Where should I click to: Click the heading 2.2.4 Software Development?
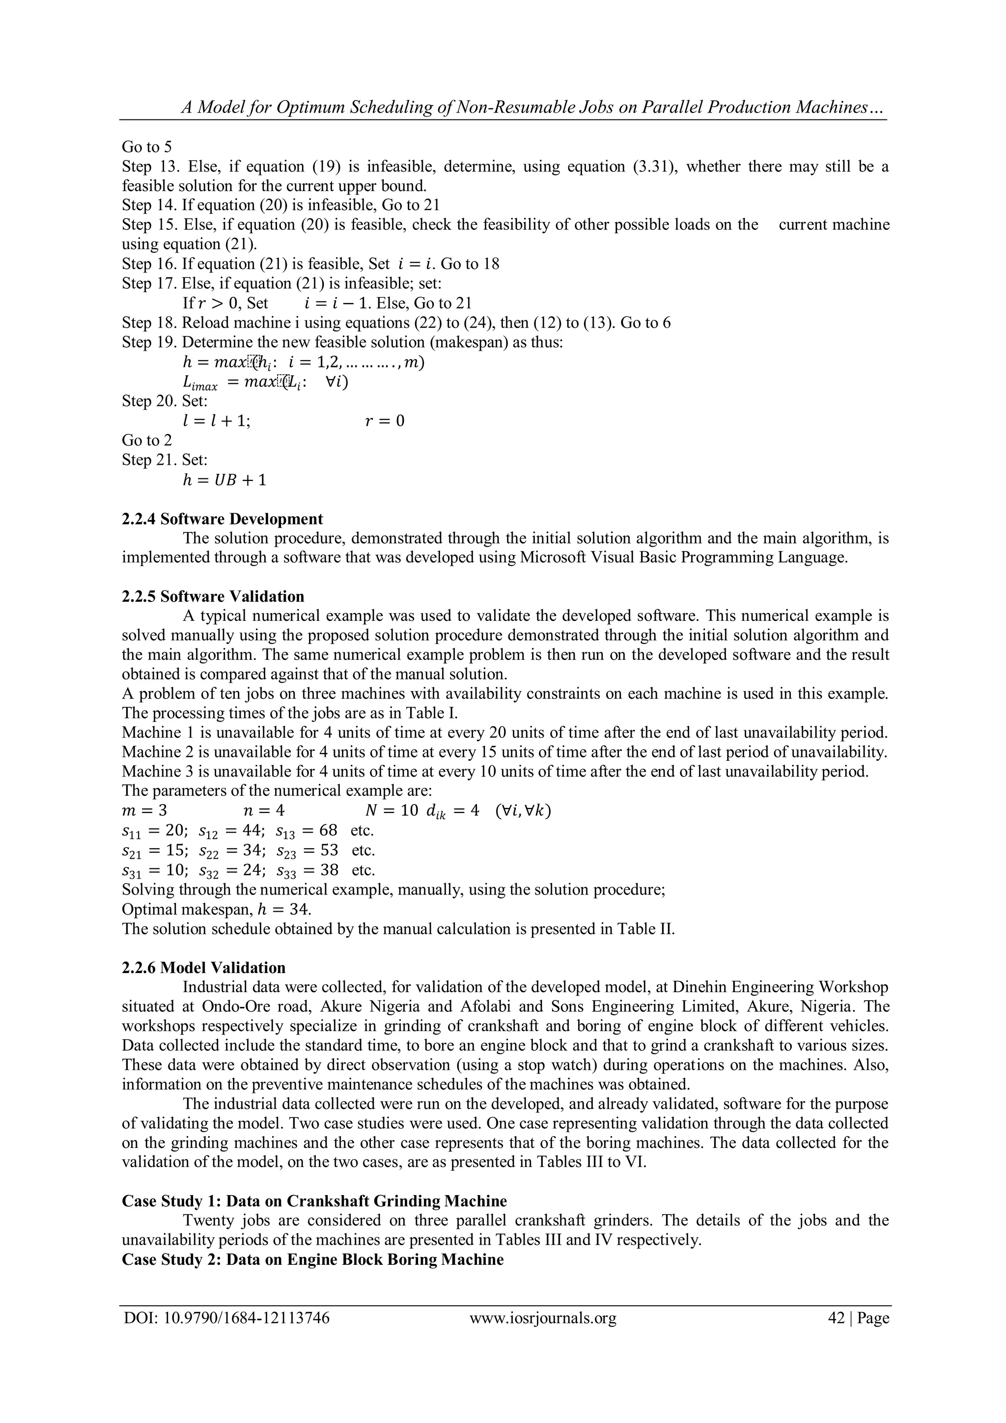(x=222, y=519)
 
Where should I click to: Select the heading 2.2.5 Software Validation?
(x=213, y=596)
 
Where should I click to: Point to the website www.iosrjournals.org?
(x=543, y=1335)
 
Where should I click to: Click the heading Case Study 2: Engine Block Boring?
(x=312, y=1259)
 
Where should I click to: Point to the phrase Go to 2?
(x=147, y=440)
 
